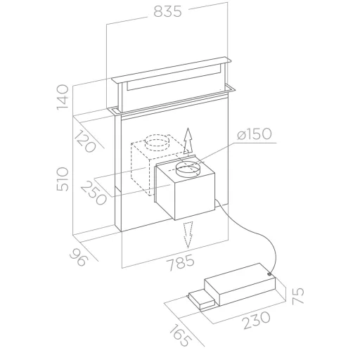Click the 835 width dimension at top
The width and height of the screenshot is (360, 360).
pyautogui.click(x=167, y=11)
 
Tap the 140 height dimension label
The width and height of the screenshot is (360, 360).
pyautogui.click(x=63, y=97)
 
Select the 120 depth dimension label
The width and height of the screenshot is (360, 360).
pyautogui.click(x=85, y=141)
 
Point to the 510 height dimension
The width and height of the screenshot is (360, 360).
pyautogui.click(x=63, y=179)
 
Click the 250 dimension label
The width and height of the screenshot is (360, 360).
pyautogui.click(x=94, y=193)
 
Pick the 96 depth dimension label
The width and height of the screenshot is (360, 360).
pyautogui.click(x=79, y=257)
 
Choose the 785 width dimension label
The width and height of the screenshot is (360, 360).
pyautogui.click(x=181, y=263)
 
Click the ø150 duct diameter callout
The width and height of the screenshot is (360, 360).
pyautogui.click(x=254, y=134)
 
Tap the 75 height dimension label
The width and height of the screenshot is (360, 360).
pyautogui.click(x=298, y=296)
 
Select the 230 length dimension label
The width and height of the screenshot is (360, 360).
pyautogui.click(x=257, y=320)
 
